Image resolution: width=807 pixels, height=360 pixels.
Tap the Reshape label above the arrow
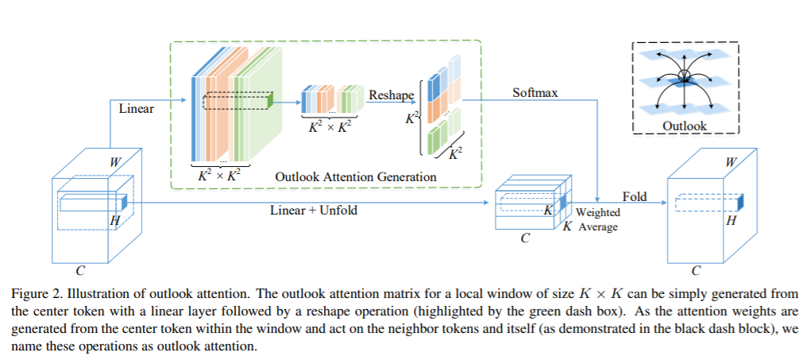(x=392, y=95)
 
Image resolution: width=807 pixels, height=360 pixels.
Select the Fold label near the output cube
(x=635, y=196)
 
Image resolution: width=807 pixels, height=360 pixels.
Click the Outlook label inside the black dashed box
(x=685, y=126)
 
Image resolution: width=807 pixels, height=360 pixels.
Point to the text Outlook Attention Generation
(x=356, y=176)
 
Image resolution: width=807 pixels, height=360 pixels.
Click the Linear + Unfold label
(x=314, y=211)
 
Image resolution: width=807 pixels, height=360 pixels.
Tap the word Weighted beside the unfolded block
(x=597, y=212)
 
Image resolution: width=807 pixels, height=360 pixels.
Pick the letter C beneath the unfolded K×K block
(x=525, y=238)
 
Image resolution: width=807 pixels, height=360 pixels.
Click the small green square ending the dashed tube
(x=270, y=102)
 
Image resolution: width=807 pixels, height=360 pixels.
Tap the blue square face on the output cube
(x=740, y=203)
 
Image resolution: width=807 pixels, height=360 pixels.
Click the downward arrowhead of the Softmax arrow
(x=597, y=199)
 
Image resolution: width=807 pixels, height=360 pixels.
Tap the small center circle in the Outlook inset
(x=683, y=76)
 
